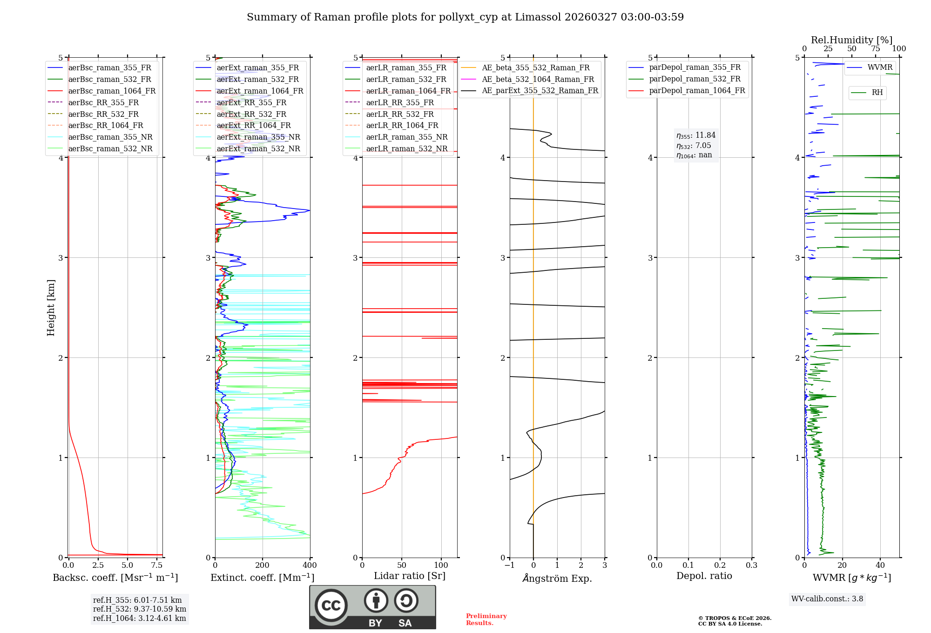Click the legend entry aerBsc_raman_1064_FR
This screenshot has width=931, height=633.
[112, 91]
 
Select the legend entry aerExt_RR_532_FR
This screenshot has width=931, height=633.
[251, 114]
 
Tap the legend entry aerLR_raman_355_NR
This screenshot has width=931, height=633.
[406, 137]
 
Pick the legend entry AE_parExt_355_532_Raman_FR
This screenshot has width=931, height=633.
[540, 91]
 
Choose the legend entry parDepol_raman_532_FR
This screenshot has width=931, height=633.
[695, 79]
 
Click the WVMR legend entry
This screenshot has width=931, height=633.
[880, 67]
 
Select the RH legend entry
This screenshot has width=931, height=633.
[877, 93]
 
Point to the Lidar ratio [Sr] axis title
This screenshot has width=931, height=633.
[410, 576]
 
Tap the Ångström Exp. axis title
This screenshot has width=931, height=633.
[557, 579]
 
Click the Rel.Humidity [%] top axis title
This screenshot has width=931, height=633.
[851, 40]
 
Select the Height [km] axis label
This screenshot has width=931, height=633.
[51, 308]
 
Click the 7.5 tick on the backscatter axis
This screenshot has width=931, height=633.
[157, 566]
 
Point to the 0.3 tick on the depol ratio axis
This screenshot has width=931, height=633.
[751, 566]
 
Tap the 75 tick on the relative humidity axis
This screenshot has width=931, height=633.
[875, 49]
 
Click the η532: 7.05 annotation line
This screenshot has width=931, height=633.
[694, 146]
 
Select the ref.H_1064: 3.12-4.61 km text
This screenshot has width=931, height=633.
[139, 619]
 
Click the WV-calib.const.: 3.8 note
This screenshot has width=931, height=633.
[827, 599]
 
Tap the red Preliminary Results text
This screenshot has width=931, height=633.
[486, 620]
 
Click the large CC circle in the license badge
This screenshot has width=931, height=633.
[331, 605]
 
